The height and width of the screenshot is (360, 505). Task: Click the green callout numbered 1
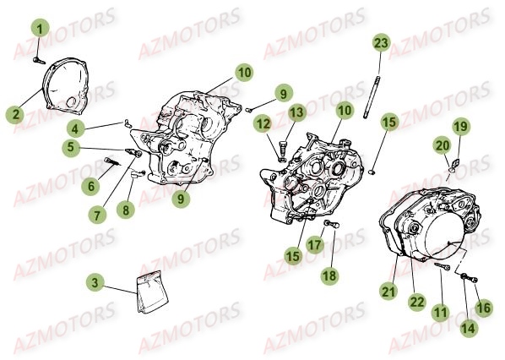coord(40,29)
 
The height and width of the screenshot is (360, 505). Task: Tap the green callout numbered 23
coord(381,42)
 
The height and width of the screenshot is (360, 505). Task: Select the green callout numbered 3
coord(95,283)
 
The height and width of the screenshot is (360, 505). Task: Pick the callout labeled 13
coord(296,112)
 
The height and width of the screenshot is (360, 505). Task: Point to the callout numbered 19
coord(460,127)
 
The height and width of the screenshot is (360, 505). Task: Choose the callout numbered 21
coord(388,292)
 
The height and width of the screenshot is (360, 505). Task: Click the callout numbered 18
coord(329,275)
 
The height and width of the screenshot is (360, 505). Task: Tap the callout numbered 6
coord(91,186)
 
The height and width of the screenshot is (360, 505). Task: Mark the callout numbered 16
coord(483,308)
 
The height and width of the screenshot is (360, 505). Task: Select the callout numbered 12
coord(263,123)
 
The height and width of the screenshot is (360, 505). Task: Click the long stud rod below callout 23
coord(371,96)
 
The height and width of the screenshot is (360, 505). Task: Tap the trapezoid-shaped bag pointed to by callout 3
coord(152,292)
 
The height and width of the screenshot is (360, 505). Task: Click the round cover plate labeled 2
coord(67,86)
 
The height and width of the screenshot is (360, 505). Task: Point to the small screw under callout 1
coord(39,60)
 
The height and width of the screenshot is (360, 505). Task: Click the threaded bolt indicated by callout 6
coord(111,161)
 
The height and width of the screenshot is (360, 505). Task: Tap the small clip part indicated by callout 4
coord(127,123)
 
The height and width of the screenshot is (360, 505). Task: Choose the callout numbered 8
coord(126,210)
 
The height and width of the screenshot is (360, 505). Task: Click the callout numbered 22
coord(417,302)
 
